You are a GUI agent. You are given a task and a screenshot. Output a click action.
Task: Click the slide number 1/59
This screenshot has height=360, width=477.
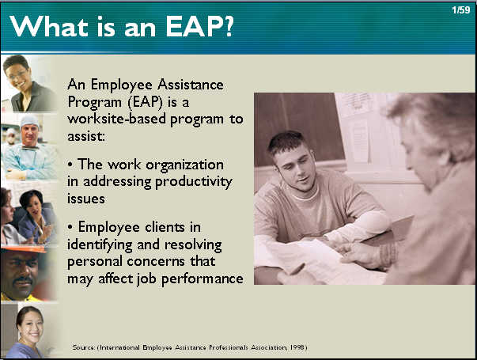(x=461, y=10)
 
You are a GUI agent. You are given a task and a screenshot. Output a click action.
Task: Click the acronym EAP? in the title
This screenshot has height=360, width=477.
(x=199, y=27)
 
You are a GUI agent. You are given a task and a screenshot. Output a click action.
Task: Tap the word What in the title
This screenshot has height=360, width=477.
(x=49, y=26)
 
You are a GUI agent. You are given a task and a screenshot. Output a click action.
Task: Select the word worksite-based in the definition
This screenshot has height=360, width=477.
(x=117, y=119)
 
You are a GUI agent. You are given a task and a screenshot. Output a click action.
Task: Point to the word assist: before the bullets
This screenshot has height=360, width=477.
(x=86, y=136)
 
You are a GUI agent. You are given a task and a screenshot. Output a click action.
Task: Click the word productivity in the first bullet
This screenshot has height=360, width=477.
(x=194, y=182)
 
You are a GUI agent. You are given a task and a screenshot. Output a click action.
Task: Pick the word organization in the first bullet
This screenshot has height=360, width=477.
(x=184, y=165)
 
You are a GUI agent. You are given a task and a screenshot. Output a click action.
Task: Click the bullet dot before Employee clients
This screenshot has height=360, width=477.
(x=70, y=228)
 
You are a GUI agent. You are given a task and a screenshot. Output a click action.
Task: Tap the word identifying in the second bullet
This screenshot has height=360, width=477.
(x=100, y=245)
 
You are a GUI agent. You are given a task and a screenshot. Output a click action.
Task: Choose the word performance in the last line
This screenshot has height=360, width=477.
(x=202, y=279)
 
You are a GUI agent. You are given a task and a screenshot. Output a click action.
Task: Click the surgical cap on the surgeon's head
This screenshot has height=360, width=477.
(x=29, y=121)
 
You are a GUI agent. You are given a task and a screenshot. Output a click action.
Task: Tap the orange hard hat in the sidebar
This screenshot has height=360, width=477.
(x=24, y=250)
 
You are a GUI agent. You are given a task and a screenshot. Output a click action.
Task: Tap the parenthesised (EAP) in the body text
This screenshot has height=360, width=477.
(x=146, y=102)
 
